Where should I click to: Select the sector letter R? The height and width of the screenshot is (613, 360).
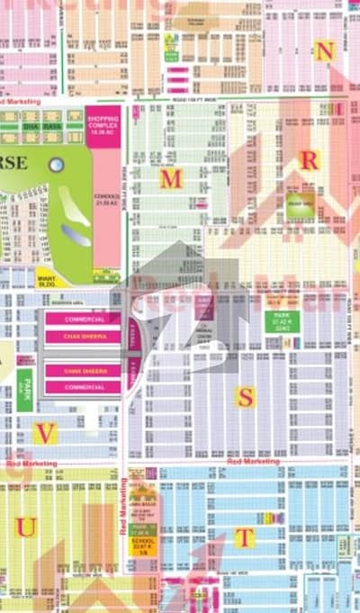pyautogui.click(x=309, y=160)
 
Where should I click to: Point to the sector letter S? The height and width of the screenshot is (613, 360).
pyautogui.click(x=245, y=397)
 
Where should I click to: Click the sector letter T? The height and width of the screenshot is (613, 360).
pyautogui.click(x=244, y=537)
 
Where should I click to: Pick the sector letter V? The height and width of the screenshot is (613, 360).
pyautogui.click(x=45, y=433)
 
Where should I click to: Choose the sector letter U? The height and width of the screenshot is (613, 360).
pyautogui.click(x=26, y=527)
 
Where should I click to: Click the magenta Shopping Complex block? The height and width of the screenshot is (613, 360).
pyautogui.click(x=103, y=122)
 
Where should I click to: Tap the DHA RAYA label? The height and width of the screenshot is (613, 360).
pyautogui.click(x=51, y=127)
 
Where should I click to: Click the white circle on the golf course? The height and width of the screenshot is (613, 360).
pyautogui.click(x=56, y=165)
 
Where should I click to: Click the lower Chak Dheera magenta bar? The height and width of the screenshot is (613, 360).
pyautogui.click(x=82, y=369)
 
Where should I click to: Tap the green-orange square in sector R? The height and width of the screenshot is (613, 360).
pyautogui.click(x=301, y=200)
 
